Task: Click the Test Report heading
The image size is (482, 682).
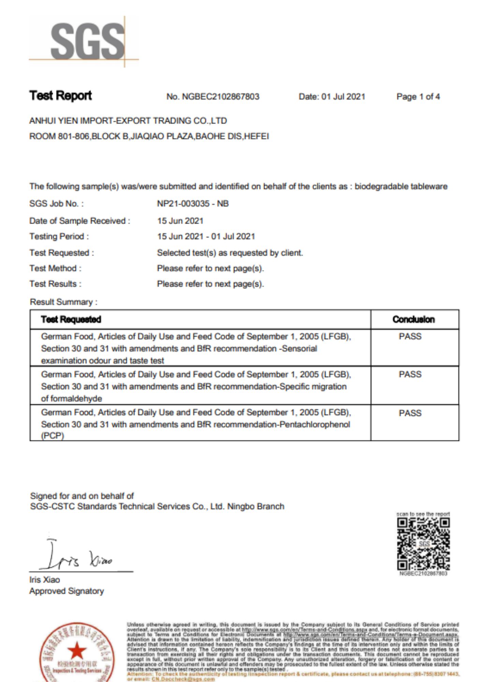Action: tap(60, 96)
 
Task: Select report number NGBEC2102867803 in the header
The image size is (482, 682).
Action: tap(220, 97)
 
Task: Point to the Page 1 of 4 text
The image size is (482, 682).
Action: tap(418, 97)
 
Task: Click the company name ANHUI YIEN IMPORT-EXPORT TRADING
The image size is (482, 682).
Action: tap(128, 121)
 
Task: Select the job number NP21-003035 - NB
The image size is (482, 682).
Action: tap(193, 204)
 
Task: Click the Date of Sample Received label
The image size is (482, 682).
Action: tap(79, 221)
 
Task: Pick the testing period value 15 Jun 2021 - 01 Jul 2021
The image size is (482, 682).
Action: tap(206, 236)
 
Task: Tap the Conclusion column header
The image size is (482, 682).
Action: tap(413, 320)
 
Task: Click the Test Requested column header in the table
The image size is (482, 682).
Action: tap(71, 320)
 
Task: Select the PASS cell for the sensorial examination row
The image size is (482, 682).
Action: tap(410, 337)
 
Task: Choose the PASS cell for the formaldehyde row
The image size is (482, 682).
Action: tap(410, 374)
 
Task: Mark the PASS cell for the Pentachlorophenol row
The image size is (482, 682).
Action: tap(410, 413)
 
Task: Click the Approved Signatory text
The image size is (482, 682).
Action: tap(66, 591)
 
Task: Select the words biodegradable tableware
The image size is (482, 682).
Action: tap(401, 187)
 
